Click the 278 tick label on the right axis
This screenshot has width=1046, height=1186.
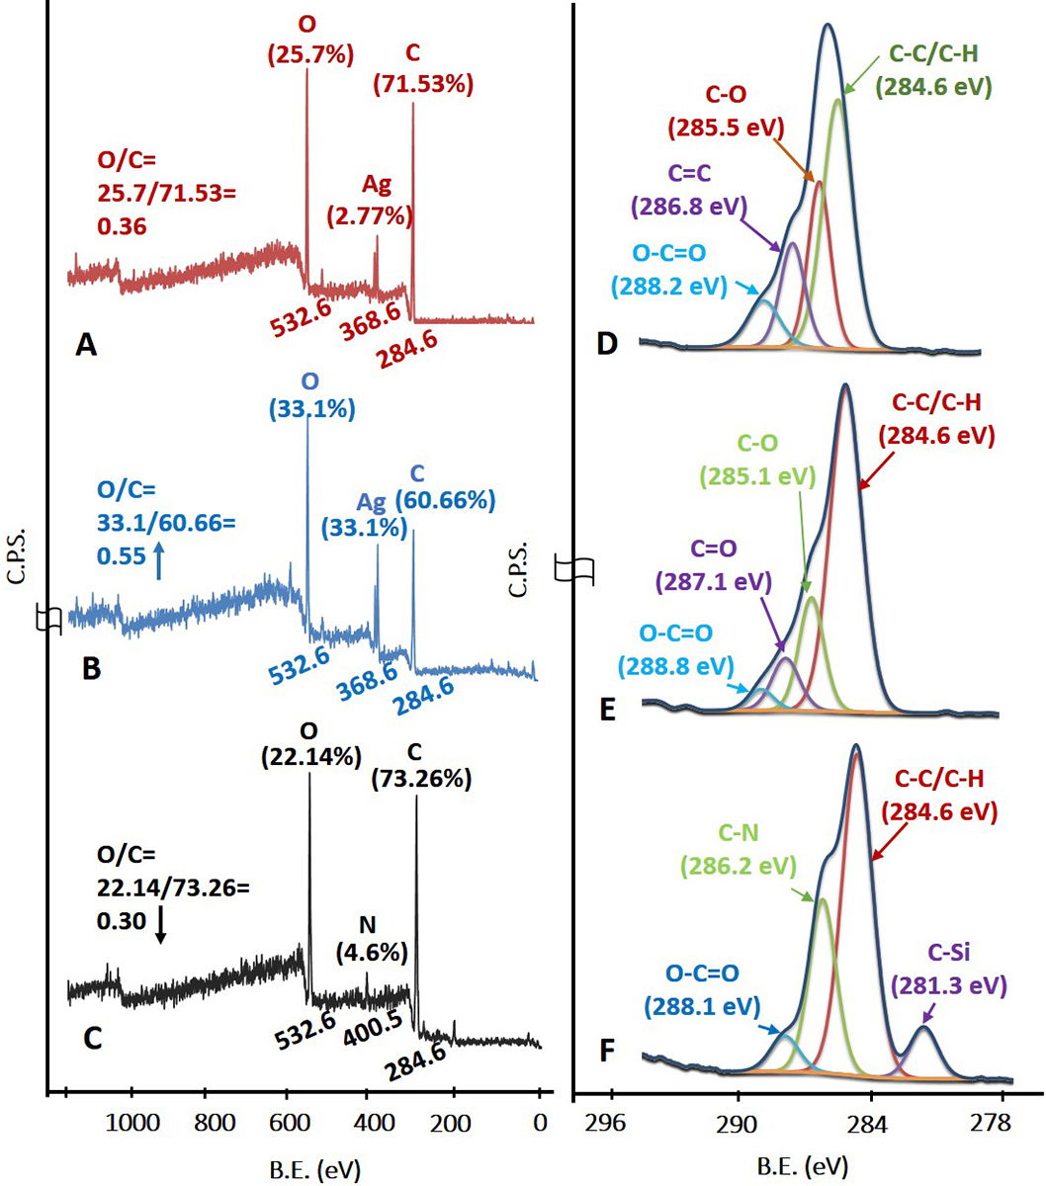coord(1002,1123)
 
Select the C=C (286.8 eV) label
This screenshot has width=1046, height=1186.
coord(688,192)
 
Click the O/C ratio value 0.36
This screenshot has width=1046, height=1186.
coord(121,227)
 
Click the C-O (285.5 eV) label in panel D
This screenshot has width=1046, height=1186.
coord(726,112)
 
